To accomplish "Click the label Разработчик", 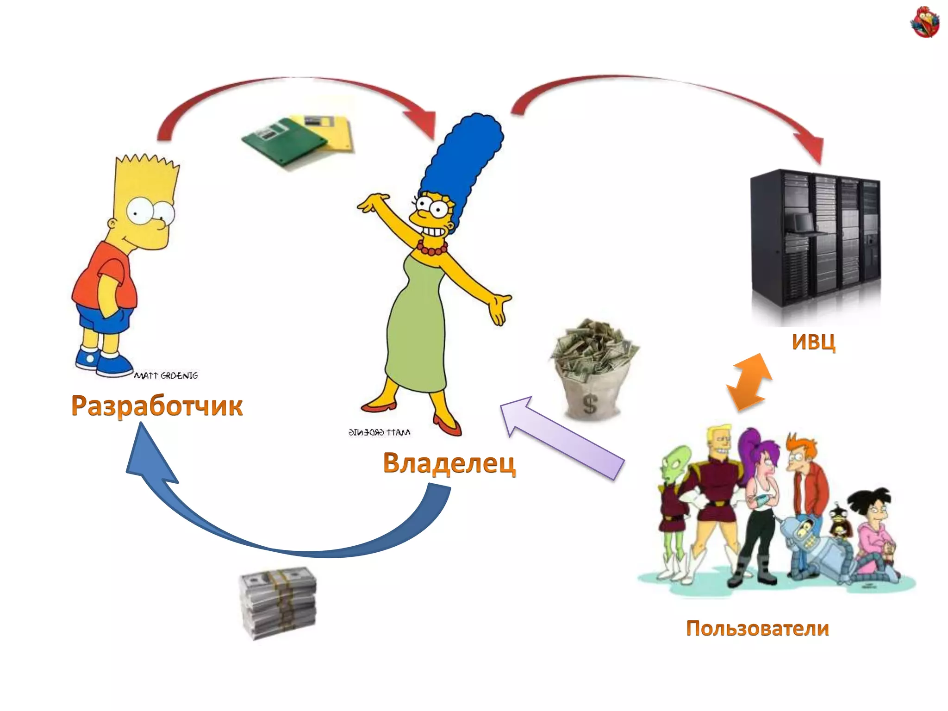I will (x=157, y=405).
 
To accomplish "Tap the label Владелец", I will (x=449, y=463).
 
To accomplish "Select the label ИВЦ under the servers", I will (x=813, y=342).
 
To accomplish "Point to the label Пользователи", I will (x=757, y=628).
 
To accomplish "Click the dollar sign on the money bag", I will (x=590, y=404).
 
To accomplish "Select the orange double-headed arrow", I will (x=748, y=382).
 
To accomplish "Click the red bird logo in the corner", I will (x=924, y=22).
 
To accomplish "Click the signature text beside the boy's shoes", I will (x=166, y=375).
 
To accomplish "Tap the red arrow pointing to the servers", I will (x=671, y=93).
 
